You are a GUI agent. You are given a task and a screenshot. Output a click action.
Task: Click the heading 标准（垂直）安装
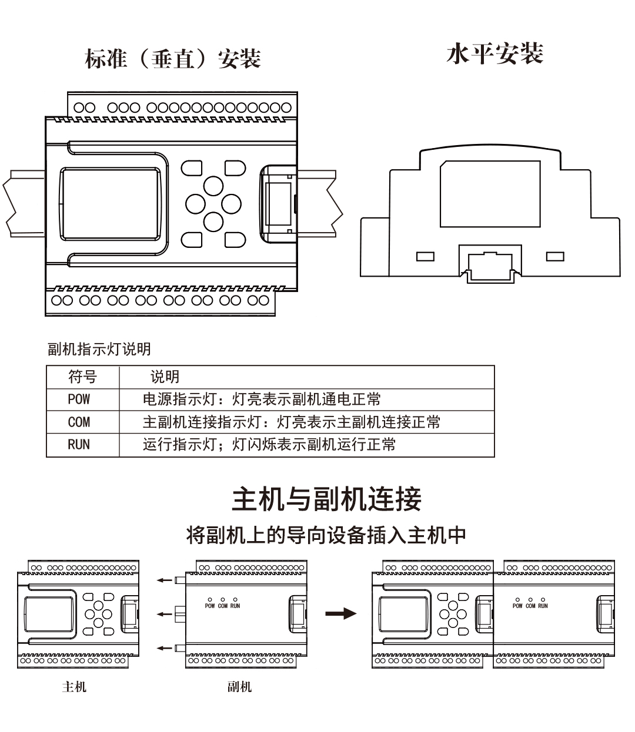point(173,59)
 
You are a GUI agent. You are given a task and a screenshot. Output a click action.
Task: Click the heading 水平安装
point(494,54)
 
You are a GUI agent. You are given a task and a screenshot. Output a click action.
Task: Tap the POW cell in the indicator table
point(79,399)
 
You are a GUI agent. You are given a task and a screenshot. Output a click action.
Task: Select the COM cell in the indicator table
point(79,422)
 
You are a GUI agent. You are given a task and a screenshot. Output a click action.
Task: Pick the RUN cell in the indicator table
point(79,445)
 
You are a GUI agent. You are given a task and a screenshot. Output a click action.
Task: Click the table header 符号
point(82,377)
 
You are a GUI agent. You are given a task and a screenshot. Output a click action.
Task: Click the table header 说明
point(165,377)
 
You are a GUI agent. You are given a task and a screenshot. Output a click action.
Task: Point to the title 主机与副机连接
point(326,499)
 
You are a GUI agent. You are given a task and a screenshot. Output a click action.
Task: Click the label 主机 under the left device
point(74,687)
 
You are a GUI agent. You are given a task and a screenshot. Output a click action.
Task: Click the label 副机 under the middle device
point(239,687)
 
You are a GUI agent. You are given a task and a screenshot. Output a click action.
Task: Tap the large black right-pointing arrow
point(341,614)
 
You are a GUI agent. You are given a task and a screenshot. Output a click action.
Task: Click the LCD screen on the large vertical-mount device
point(111,204)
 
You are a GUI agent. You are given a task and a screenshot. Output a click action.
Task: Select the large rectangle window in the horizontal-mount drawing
point(490,194)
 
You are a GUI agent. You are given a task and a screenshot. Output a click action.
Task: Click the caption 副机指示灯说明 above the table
point(99,349)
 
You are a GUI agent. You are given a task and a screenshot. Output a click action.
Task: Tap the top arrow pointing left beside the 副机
point(165,580)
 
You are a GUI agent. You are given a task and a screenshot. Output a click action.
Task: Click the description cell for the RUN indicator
point(269,445)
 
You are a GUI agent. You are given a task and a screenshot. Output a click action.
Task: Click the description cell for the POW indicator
point(262,399)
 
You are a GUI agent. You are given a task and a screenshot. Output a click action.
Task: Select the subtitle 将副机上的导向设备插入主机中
point(326,535)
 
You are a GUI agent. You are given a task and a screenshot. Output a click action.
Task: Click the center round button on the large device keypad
point(213,204)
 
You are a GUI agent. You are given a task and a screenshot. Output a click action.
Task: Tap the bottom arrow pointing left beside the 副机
point(165,648)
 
